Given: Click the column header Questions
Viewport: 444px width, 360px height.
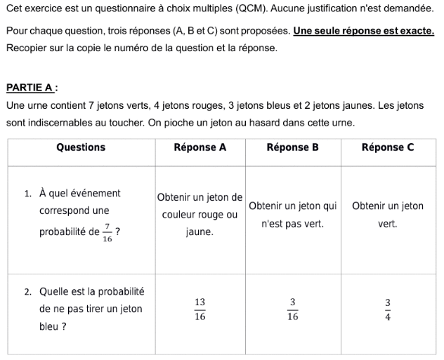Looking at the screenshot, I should coord(81,147).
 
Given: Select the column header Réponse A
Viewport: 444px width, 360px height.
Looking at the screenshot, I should coord(200,147).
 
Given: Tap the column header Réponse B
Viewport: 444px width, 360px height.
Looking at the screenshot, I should coord(293,147).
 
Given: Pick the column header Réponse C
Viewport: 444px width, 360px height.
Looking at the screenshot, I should coord(388,147).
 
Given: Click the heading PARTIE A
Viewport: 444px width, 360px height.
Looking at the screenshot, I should coord(31,88).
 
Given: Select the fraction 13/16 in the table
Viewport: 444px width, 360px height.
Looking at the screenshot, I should coord(200,309).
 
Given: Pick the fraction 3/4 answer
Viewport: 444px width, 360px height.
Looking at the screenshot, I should coord(387,309).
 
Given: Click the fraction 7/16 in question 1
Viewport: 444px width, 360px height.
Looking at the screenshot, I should coord(107,232).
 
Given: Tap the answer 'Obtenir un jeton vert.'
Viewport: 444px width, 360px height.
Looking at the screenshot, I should coord(388,215).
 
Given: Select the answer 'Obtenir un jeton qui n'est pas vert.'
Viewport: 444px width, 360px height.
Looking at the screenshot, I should coord(293,215).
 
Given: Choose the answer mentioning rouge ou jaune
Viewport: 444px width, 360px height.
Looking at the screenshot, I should coord(200,214).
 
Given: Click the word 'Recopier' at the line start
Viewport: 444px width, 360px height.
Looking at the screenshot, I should coord(27,48).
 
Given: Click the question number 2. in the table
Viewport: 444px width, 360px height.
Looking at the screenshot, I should coord(28,291).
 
